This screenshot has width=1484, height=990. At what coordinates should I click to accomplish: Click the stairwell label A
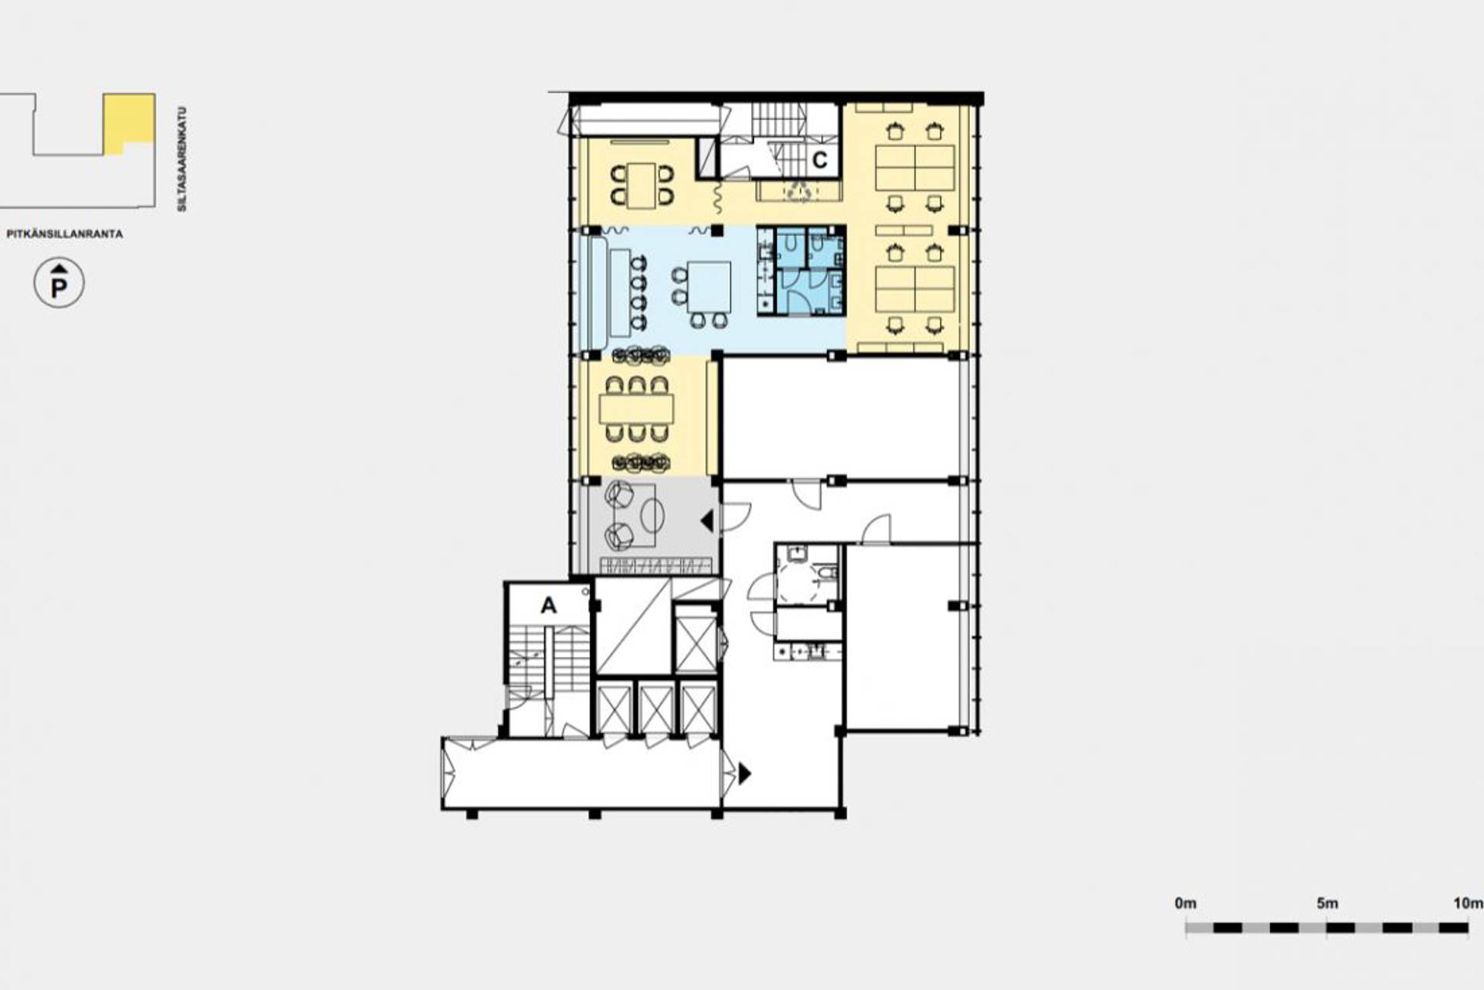[548, 605]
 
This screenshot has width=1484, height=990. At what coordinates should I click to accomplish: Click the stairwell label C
[819, 160]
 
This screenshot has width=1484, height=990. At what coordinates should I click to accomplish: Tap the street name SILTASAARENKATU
[182, 159]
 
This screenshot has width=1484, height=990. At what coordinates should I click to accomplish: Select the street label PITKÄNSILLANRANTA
[65, 234]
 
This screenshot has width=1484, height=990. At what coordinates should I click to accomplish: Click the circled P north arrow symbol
[59, 283]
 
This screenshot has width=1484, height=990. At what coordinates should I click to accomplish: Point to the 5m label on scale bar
[1327, 903]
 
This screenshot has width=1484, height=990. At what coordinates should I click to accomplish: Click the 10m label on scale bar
[1468, 903]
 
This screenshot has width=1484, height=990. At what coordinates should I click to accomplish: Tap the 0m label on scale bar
[1185, 903]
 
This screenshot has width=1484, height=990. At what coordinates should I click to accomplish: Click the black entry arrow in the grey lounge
[706, 521]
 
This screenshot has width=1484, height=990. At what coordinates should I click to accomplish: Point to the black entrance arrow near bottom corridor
[744, 773]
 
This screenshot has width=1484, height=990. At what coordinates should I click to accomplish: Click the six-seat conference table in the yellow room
[636, 408]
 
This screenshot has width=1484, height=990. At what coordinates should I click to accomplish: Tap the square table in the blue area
[709, 287]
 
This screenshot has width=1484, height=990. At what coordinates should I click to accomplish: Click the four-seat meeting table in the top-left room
[641, 186]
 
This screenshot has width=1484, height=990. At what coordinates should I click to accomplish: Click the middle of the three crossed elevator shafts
[656, 708]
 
